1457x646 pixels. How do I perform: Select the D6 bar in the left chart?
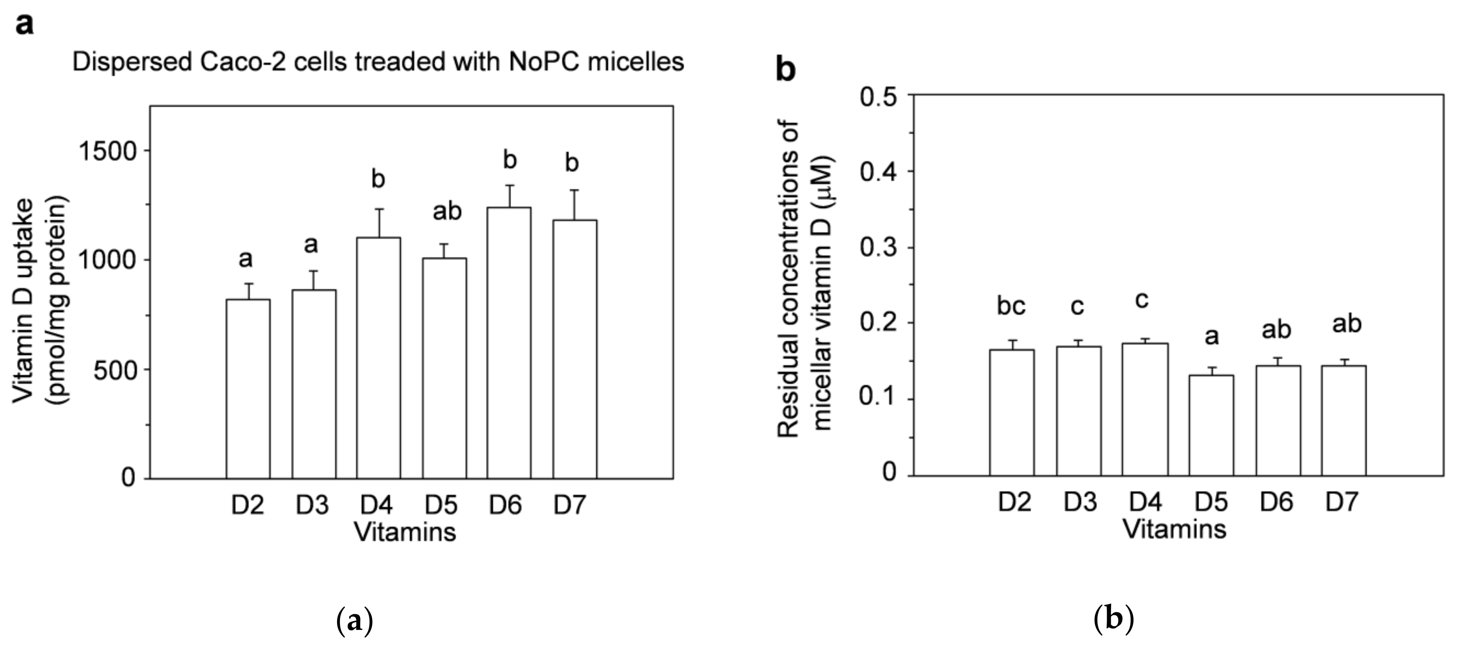point(509,343)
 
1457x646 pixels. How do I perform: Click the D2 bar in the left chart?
point(248,389)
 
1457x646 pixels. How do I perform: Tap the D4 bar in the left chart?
point(379,358)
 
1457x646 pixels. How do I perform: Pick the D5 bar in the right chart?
point(1211,425)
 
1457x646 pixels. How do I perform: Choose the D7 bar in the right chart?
point(1343,420)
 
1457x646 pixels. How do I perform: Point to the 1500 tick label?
point(108,151)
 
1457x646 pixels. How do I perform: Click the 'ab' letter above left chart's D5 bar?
point(447,211)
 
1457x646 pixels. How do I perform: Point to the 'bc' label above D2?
point(1011,306)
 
